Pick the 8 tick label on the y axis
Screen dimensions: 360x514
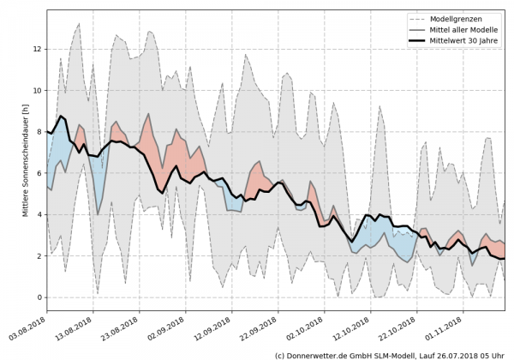37,132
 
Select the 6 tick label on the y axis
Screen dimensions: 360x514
37,173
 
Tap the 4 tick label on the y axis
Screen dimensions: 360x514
37,214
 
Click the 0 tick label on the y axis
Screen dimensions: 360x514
37,297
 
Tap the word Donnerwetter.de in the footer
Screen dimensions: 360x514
320,354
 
